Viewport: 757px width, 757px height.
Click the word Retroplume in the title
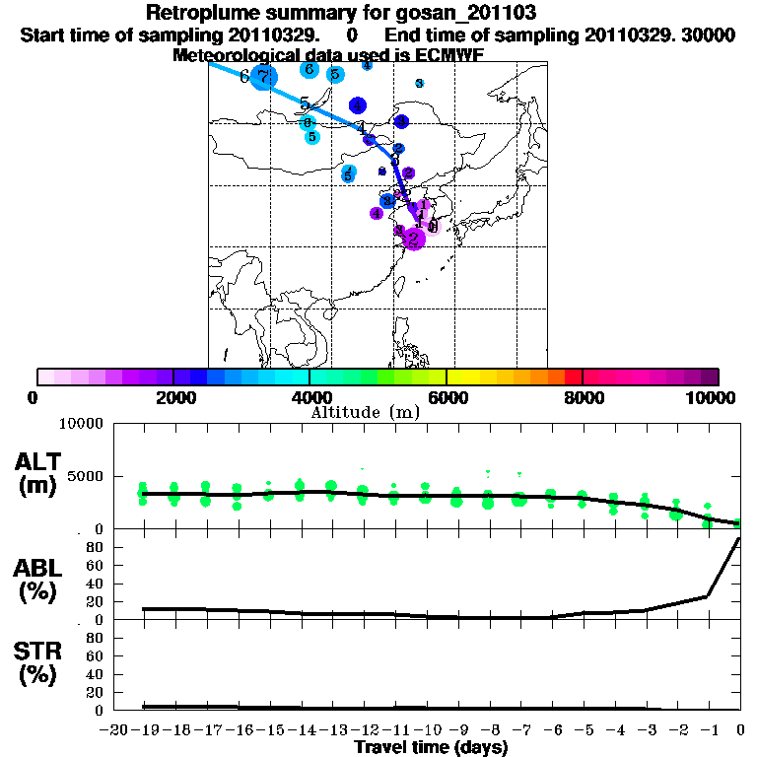click(197, 13)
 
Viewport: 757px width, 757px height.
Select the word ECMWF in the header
click(448, 55)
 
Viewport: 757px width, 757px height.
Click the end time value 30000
click(709, 34)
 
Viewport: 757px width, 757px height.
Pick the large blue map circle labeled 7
click(263, 76)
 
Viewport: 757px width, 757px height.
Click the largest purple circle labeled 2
click(414, 238)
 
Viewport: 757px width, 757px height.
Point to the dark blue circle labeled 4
click(358, 105)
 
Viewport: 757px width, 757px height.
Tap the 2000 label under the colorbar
click(173, 397)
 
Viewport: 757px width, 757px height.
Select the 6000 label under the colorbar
click(447, 397)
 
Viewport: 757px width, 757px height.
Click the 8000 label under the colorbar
click(583, 397)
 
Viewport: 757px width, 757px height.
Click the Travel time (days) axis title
click(431, 748)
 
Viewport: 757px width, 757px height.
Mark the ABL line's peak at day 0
click(739, 539)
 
